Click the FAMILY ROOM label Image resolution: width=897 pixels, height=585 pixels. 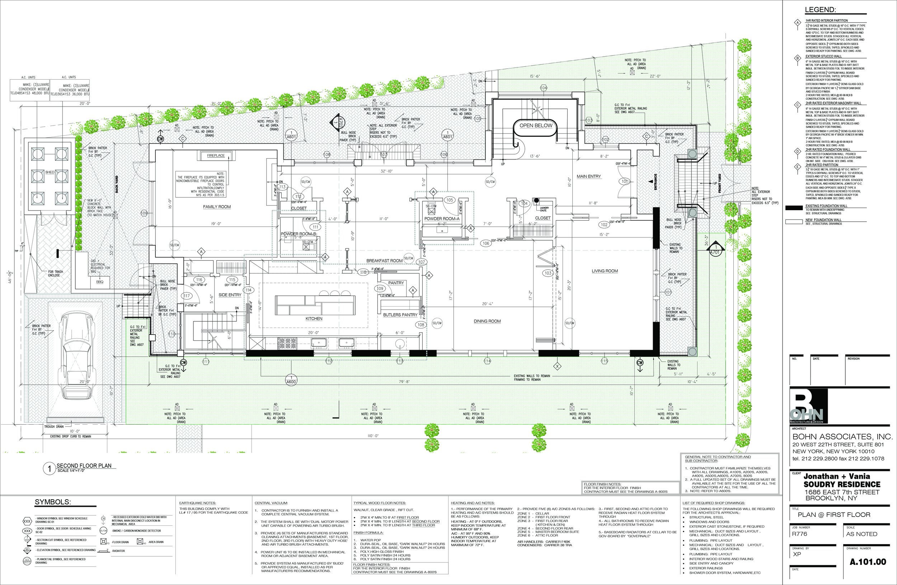pos(217,207)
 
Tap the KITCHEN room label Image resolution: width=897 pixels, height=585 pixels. pos(314,319)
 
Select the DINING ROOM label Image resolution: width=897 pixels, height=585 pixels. pos(487,321)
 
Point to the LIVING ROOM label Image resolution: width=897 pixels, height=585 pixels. pos(605,271)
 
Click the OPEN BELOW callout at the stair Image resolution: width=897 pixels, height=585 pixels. pos(536,126)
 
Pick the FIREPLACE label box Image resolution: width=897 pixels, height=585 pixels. pos(216,156)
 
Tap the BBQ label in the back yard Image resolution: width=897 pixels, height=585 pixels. pos(99,282)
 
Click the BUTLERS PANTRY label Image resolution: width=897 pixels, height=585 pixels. pos(400,315)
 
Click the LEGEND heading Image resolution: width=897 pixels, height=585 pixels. pos(820,10)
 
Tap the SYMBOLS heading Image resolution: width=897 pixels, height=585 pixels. pos(53,502)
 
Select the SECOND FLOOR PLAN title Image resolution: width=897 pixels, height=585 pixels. pos(84,466)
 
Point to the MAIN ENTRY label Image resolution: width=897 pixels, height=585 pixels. pos(589,176)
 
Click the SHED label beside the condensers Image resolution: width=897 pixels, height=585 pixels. pos(50,172)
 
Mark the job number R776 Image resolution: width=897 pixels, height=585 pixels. pos(799,534)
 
